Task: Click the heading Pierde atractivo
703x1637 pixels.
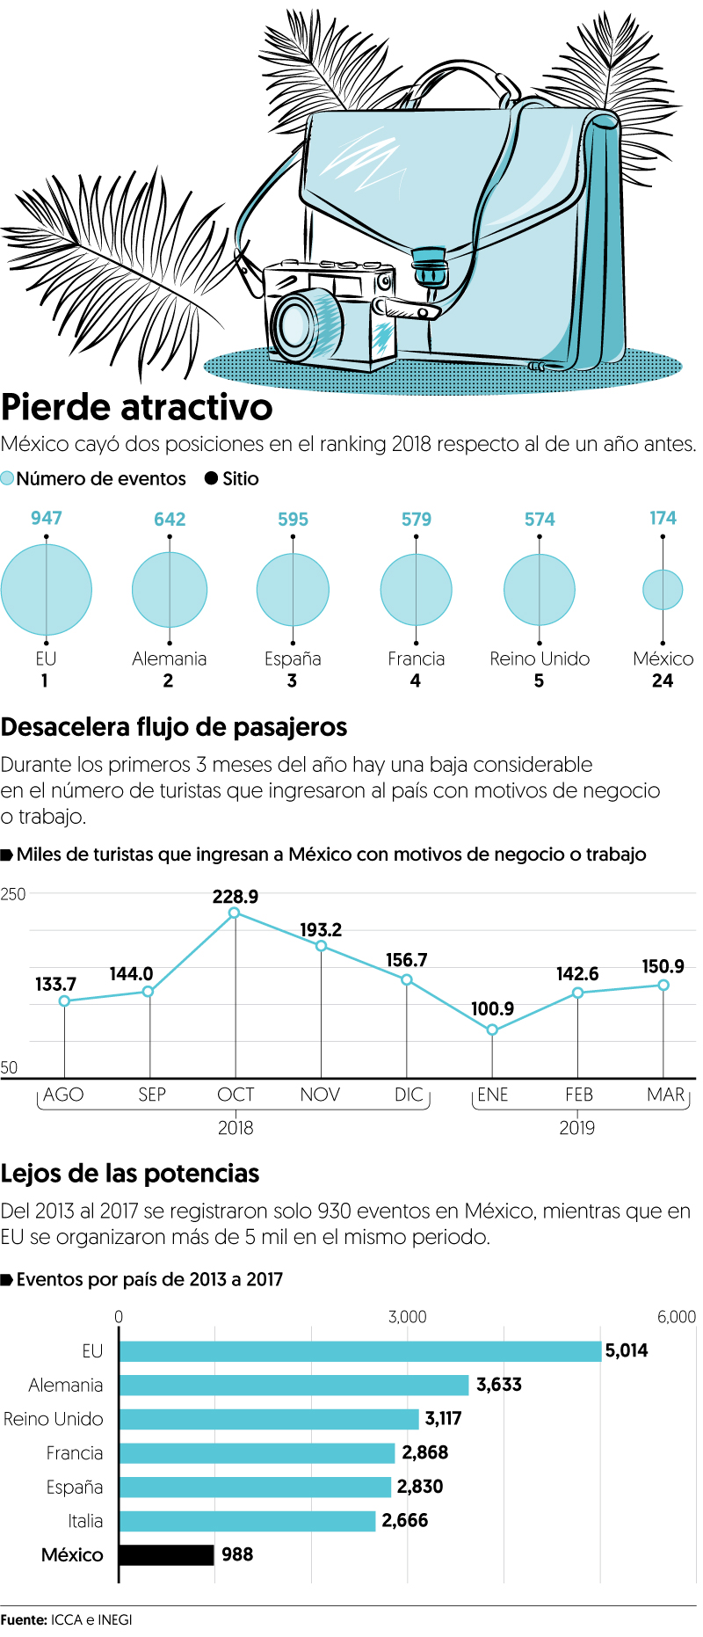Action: (137, 408)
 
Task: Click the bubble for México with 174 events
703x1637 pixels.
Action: (663, 590)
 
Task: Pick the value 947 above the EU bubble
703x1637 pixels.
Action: (47, 518)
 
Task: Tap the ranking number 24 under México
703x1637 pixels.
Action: (663, 680)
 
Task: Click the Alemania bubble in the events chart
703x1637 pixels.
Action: (170, 590)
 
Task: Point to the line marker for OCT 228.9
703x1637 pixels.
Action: (235, 913)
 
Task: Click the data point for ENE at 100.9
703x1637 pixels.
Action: (492, 1029)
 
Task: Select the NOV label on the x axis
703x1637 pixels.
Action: (320, 1095)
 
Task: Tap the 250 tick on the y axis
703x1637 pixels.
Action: (13, 894)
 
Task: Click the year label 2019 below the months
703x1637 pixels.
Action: (577, 1128)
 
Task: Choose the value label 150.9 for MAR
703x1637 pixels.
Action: (663, 967)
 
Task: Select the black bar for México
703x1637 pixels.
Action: (167, 1554)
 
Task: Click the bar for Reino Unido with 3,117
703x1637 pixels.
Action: (269, 1419)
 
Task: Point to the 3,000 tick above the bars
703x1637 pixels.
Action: (407, 1316)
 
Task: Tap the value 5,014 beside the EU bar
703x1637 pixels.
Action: (627, 1350)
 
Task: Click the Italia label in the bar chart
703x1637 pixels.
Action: (85, 1521)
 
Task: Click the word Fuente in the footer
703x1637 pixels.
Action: (23, 1619)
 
